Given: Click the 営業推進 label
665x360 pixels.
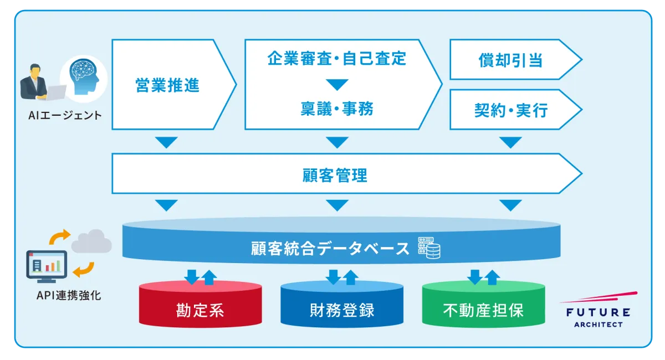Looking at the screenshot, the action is click(x=167, y=85).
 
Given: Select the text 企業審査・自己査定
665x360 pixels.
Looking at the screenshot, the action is click(x=337, y=58).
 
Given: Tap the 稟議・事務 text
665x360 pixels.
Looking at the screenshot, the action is click(x=337, y=109).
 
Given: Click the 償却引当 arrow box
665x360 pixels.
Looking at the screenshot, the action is click(x=516, y=60).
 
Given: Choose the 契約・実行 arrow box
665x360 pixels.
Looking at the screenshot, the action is click(x=516, y=110).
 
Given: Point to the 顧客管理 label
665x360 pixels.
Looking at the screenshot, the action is click(x=335, y=175).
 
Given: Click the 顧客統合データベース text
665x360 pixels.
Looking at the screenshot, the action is click(x=330, y=249).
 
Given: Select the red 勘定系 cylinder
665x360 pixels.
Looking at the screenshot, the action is click(x=201, y=304).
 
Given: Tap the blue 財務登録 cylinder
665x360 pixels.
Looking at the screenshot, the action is click(x=342, y=304).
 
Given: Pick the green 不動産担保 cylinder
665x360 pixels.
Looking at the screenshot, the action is click(x=483, y=304).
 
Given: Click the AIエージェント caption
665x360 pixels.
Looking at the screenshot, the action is click(x=65, y=115).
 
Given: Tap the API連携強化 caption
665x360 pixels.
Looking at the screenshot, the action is click(x=69, y=295).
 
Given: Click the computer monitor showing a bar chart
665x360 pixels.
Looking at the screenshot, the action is click(x=47, y=266).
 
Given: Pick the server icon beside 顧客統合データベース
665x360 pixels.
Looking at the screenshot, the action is click(x=429, y=248).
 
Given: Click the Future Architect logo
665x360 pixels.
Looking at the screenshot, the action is click(x=598, y=310).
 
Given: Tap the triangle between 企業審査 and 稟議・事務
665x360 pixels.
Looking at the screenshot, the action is click(x=337, y=85).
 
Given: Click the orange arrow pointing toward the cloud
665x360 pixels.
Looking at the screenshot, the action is click(x=59, y=237).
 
